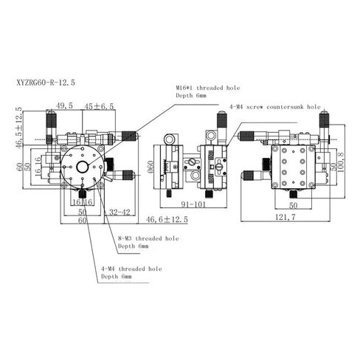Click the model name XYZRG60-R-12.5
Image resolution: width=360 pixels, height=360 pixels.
pos(46,83)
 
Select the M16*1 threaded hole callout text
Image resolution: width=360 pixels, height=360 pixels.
pos(208,91)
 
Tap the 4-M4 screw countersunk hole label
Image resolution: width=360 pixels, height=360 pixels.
pos(275,107)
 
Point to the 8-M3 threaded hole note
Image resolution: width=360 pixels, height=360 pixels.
pos(148,242)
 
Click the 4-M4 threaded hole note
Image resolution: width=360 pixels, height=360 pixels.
pos(131,272)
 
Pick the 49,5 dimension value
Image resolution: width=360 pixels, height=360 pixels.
pos(65,105)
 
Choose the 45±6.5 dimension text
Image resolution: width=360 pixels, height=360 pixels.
pos(99,106)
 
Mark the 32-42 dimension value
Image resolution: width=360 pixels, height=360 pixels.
pos(120,212)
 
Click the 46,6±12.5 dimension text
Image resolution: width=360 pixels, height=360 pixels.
pos(167,219)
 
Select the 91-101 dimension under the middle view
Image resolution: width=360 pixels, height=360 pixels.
pos(193,204)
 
